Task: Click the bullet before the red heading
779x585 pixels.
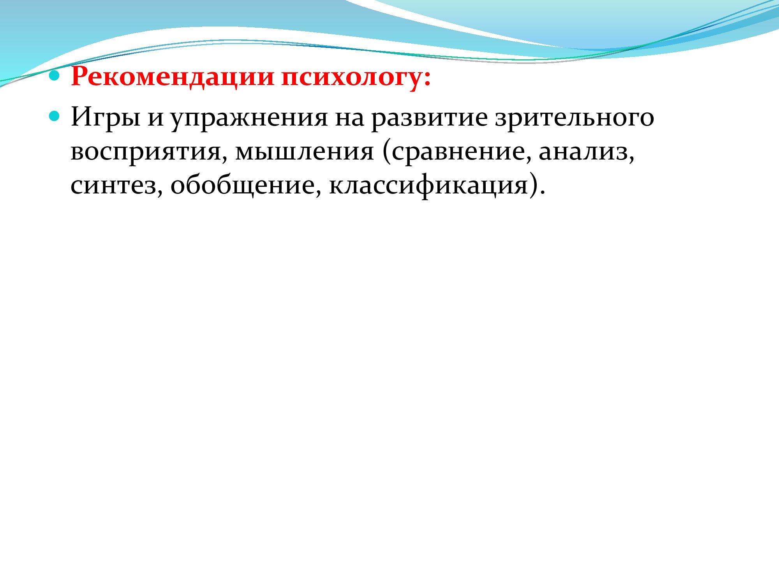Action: tap(55, 75)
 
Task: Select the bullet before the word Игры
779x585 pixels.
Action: tap(55, 116)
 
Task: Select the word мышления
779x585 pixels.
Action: tap(304, 152)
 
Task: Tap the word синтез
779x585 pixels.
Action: tap(113, 186)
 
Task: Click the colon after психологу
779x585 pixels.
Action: tap(427, 79)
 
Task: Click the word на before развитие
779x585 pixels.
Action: tap(349, 119)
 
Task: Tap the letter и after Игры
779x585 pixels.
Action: tap(155, 119)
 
